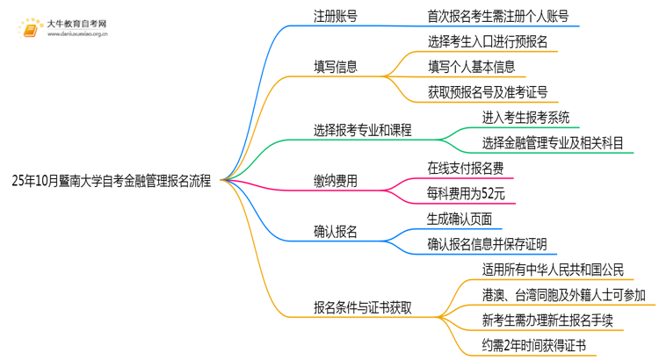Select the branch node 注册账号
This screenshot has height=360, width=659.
click(336, 16)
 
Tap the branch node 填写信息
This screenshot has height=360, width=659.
click(336, 67)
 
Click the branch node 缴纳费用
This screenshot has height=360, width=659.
click(336, 182)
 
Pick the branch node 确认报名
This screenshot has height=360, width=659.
click(336, 232)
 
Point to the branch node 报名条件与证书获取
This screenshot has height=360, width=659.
click(364, 307)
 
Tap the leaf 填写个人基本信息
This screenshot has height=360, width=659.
click(471, 67)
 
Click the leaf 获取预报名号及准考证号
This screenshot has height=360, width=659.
click(489, 92)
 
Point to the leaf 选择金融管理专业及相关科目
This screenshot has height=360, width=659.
click(554, 143)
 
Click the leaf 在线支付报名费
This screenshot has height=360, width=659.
click(466, 169)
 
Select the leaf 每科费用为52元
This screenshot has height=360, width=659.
click(465, 194)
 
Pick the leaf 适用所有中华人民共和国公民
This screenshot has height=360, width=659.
click(553, 270)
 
